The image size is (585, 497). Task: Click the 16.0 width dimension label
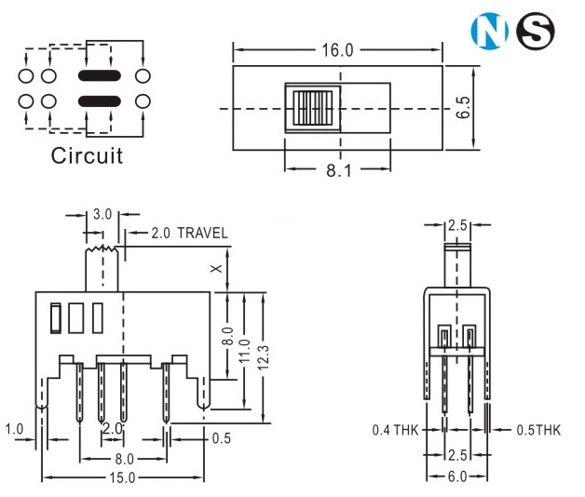pos(337,50)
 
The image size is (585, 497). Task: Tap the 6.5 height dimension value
pos(464,108)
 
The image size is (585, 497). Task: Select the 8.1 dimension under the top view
pos(337,170)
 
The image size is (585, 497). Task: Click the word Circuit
pos(87,154)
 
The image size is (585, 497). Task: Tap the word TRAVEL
pos(202,233)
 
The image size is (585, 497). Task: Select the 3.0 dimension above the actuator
pos(102,214)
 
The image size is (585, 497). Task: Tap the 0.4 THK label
pos(395,430)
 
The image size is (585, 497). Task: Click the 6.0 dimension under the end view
pos(456,477)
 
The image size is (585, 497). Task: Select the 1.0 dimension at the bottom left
pos(14,429)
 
